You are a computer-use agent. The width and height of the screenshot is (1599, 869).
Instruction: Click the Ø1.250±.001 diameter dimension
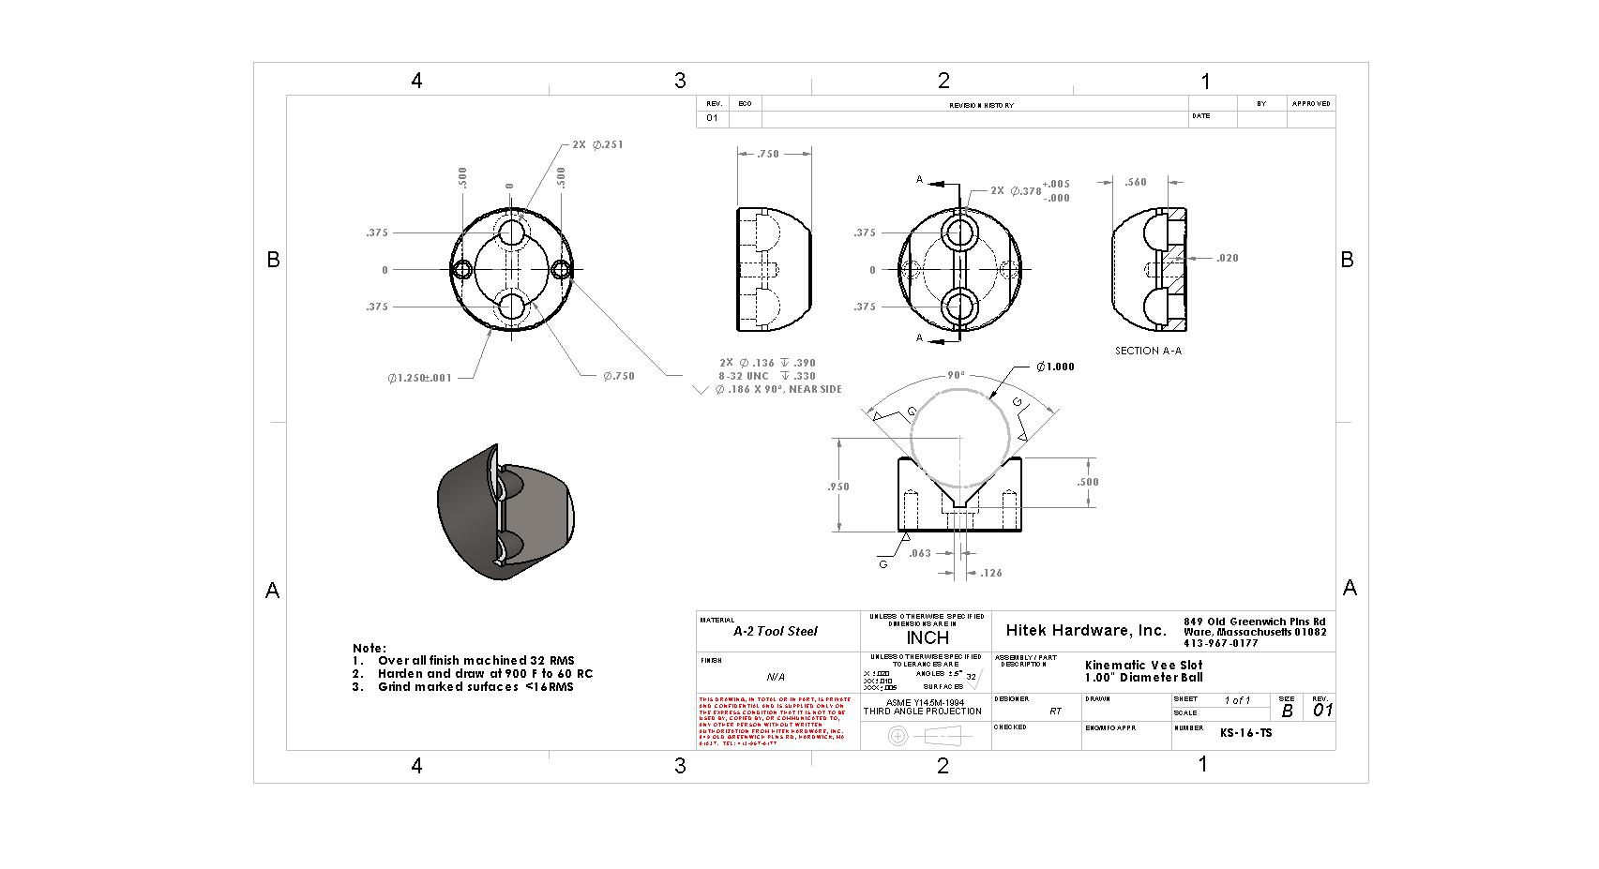point(419,378)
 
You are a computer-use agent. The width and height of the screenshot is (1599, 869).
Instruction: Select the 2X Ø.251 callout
point(597,145)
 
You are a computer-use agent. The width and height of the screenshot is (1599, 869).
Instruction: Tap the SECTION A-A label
point(1148,351)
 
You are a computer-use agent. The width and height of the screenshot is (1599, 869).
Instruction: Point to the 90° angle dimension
point(955,375)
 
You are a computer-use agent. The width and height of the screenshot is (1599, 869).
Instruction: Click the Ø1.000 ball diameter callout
point(1055,367)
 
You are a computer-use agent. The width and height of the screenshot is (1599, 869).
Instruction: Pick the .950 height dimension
point(837,487)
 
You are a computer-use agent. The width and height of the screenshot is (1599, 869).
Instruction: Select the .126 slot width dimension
point(990,573)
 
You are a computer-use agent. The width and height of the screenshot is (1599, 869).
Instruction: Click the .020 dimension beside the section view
point(1227,258)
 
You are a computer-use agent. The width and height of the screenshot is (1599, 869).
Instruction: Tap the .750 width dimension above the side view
point(767,154)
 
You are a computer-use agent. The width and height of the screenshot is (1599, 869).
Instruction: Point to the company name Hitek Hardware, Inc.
point(1085,630)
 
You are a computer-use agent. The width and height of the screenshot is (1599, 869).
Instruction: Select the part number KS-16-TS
point(1245,733)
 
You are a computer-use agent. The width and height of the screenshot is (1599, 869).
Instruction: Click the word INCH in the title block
point(927,637)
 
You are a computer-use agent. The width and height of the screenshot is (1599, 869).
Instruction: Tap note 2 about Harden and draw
point(484,673)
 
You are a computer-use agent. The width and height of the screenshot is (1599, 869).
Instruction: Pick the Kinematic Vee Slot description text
point(1143,665)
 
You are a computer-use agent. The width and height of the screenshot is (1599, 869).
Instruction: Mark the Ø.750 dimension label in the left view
point(618,376)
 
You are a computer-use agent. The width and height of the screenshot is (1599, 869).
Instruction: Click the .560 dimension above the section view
point(1135,183)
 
